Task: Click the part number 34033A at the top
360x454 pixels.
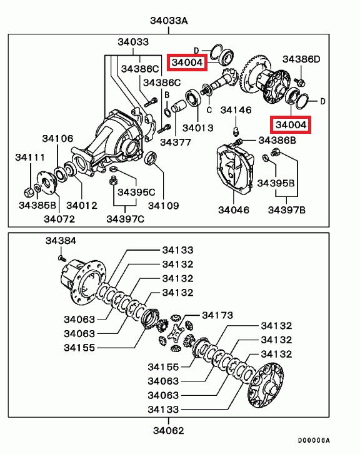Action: click(169, 21)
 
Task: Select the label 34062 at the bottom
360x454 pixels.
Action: click(168, 430)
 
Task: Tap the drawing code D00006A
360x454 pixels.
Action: click(314, 441)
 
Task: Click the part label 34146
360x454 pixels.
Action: click(236, 110)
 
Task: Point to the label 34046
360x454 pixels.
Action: click(234, 210)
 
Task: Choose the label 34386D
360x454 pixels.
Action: click(301, 59)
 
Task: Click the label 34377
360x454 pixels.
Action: click(176, 142)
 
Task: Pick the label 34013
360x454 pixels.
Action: click(198, 128)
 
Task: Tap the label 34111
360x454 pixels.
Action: click(30, 157)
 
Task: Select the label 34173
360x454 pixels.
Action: click(217, 315)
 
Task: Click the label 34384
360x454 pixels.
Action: click(61, 241)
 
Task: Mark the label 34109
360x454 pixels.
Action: click(164, 206)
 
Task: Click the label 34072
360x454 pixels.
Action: click(59, 219)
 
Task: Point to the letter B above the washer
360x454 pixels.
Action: click(167, 95)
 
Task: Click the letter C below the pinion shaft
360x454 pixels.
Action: click(209, 110)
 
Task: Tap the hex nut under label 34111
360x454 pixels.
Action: click(27, 192)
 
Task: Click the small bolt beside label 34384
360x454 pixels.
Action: click(61, 258)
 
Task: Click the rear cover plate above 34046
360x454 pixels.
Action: click(235, 168)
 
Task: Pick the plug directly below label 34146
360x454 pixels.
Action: click(236, 131)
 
